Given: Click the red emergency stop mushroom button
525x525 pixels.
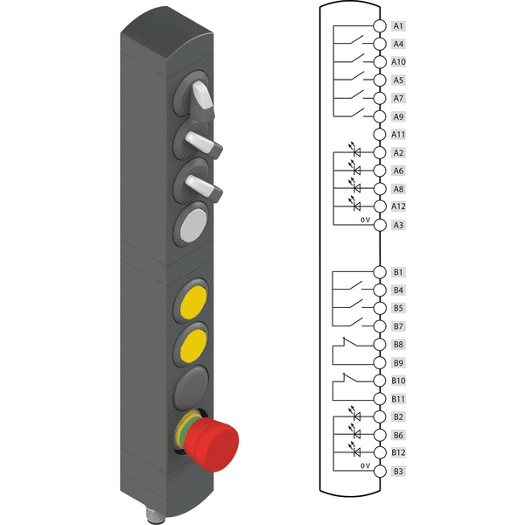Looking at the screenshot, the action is [211, 444].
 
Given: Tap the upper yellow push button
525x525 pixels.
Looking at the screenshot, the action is [193, 302].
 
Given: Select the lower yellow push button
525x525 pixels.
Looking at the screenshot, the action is [193, 346].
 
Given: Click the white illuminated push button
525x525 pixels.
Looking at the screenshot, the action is [193, 226].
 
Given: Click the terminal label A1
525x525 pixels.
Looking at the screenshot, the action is [398, 25].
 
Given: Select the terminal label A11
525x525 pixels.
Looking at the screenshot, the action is [398, 134].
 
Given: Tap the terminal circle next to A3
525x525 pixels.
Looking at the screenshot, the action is [380, 225].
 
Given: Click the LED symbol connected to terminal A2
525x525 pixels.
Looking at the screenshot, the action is [355, 150].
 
